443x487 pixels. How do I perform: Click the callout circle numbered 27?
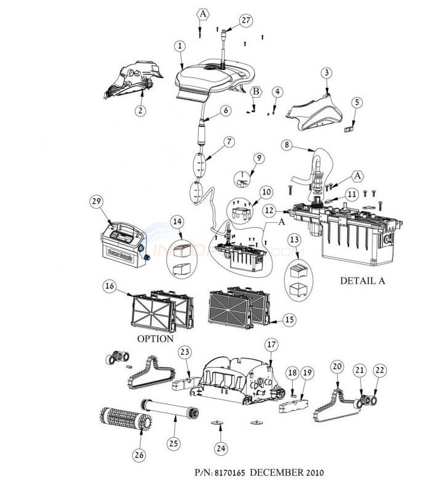(x=246, y=20)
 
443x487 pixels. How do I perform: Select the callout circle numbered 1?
(x=179, y=45)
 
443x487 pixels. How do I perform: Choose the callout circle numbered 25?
(x=175, y=442)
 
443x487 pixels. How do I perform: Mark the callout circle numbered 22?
(x=381, y=370)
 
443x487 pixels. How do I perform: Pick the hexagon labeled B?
(x=255, y=92)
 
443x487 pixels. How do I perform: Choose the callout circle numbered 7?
(x=228, y=142)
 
